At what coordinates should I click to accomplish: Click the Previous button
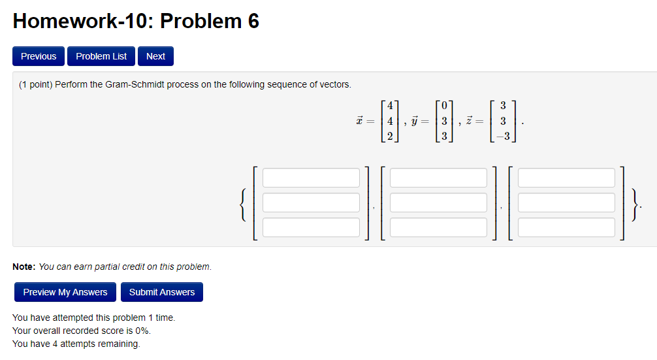click(39, 56)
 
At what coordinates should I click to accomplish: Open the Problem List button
click(101, 56)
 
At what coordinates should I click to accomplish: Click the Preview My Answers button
click(65, 292)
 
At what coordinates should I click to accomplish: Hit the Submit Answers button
click(162, 292)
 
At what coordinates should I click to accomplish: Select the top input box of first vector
click(311, 178)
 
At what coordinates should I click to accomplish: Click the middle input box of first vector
click(311, 203)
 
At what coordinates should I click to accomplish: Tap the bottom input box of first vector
click(311, 227)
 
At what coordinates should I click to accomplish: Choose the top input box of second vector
click(438, 178)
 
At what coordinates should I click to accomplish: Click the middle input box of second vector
click(438, 203)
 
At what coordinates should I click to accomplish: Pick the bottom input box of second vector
click(438, 227)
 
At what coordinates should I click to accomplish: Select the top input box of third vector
click(566, 178)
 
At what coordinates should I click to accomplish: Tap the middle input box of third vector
click(566, 203)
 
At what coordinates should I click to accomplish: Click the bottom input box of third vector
click(566, 227)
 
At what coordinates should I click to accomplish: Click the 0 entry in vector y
click(444, 106)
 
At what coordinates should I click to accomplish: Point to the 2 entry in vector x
click(390, 137)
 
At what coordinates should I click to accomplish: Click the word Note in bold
click(24, 267)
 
